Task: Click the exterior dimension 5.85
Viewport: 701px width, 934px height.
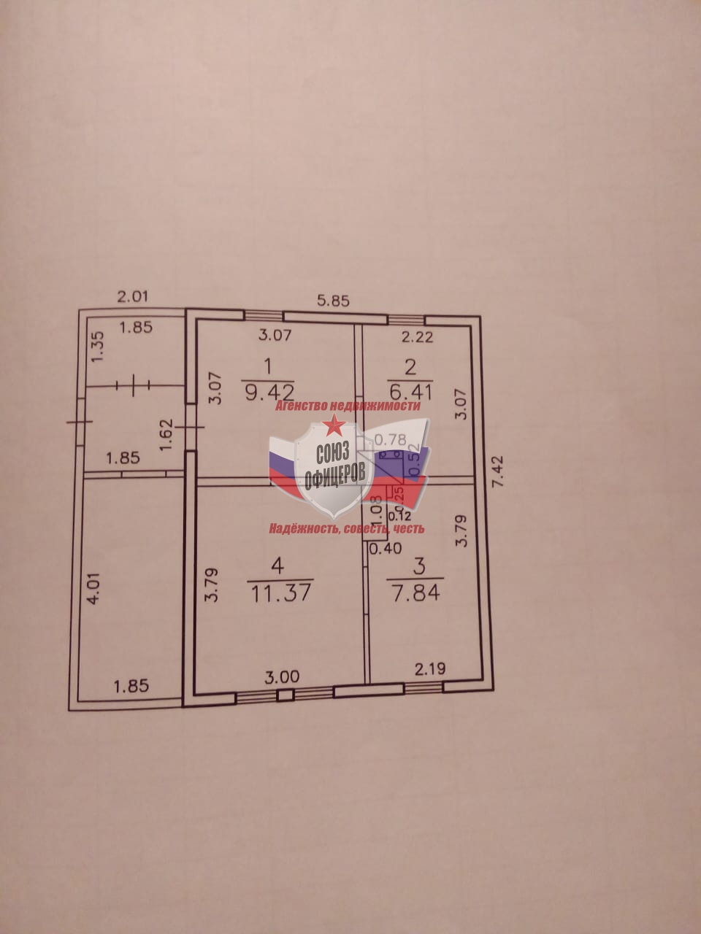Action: pos(333,301)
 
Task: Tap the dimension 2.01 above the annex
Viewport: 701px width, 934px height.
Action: pos(134,296)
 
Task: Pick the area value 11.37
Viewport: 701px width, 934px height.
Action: pos(280,591)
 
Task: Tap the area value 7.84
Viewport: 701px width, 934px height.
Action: pos(416,592)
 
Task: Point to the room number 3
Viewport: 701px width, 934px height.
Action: pos(418,565)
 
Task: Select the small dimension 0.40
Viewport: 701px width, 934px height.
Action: pos(386,549)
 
